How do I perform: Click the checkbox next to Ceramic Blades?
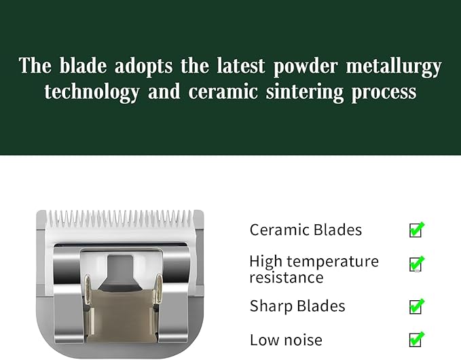coord(416,230)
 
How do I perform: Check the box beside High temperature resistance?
coord(416,264)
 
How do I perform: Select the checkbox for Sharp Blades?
coord(416,306)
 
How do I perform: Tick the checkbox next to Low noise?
coord(416,340)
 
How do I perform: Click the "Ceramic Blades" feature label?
coord(306,230)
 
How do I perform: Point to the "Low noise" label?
coord(286,340)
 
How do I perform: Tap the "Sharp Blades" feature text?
coord(297,306)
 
